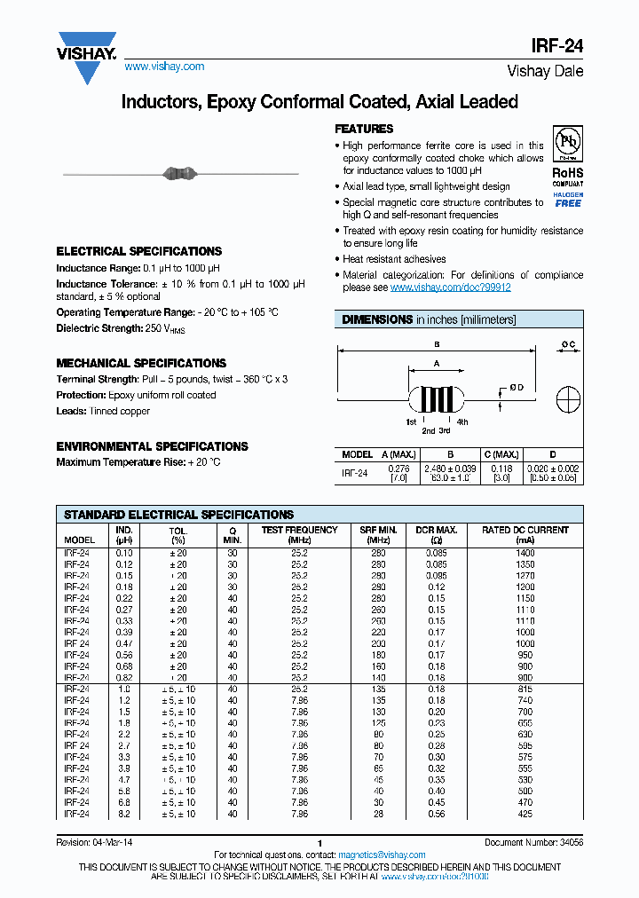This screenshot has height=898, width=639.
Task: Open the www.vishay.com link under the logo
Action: coord(164,67)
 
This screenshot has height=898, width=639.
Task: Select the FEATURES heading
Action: coord(364,129)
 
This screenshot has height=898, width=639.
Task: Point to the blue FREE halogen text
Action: coord(567,203)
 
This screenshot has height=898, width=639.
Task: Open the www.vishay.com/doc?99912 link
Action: coord(450,288)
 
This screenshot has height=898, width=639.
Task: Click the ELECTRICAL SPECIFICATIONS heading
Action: coord(139,251)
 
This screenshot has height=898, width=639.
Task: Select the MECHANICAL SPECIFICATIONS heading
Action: coord(141,363)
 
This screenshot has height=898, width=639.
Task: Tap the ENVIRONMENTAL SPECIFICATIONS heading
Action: coord(152,446)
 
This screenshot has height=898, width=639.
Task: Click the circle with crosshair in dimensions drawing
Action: coord(568,398)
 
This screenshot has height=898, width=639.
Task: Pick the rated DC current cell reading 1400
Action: coord(525,553)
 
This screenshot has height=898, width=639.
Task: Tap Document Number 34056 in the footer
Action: coord(533,842)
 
